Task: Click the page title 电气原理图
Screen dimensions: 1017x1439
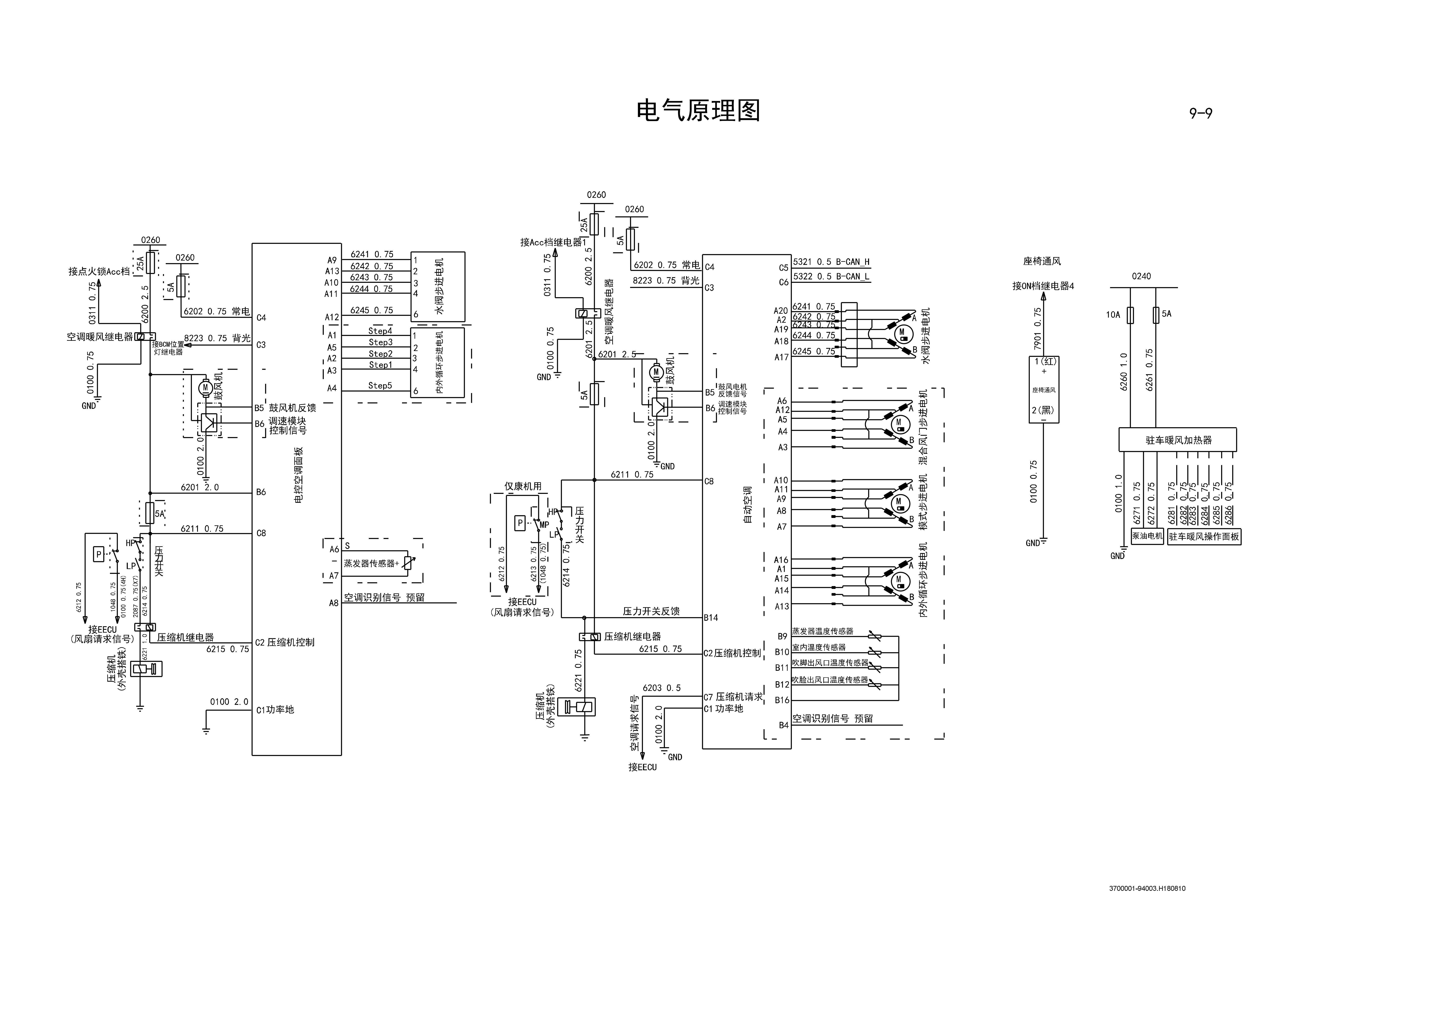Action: click(698, 111)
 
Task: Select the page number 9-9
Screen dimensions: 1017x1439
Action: click(1200, 113)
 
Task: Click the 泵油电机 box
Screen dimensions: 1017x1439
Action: click(1147, 536)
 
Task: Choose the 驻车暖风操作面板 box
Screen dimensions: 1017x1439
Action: click(1203, 536)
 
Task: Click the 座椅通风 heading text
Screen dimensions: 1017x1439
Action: click(1042, 261)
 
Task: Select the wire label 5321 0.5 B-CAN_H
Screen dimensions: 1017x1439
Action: click(831, 262)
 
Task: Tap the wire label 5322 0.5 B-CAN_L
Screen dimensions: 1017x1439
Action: click(831, 276)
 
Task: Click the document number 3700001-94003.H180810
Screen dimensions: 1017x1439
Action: click(1147, 888)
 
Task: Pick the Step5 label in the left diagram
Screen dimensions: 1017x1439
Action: click(380, 385)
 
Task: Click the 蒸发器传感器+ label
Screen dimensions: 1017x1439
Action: click(371, 563)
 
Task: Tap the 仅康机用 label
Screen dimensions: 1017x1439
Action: click(523, 486)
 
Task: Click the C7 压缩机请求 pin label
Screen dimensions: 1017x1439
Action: click(733, 697)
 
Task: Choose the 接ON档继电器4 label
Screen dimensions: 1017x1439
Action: click(1043, 286)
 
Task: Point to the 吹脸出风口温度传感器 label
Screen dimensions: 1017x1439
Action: click(830, 679)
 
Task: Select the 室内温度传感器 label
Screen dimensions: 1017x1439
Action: click(819, 647)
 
